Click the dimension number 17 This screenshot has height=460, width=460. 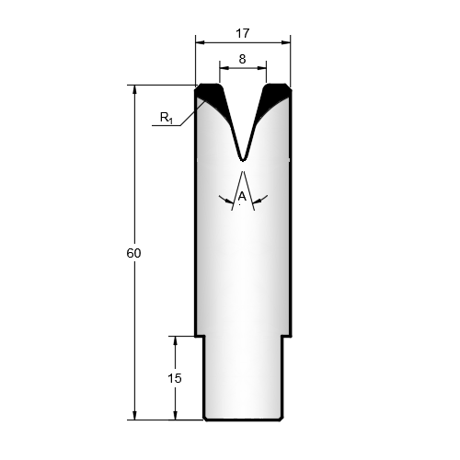[243, 33]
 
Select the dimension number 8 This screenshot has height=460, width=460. [242, 59]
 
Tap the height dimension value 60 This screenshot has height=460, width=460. [133, 253]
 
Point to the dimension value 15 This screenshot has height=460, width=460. [175, 378]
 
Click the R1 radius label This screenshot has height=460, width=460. [167, 118]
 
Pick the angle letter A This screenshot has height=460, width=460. [242, 196]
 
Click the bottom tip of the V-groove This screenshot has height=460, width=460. [243, 160]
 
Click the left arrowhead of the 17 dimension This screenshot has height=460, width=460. [200, 42]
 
